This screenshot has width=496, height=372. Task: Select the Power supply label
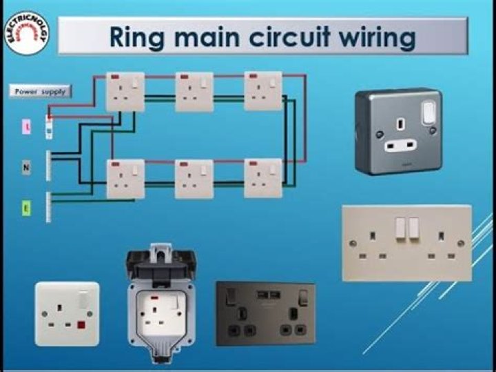(41, 90)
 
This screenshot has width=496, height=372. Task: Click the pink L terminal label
(26, 128)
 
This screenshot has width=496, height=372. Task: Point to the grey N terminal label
(26, 166)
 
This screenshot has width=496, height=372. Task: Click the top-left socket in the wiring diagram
(125, 92)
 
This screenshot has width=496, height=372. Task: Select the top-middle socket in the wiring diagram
(194, 92)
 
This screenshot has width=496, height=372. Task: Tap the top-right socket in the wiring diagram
(263, 91)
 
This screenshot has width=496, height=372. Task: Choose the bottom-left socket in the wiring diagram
(125, 179)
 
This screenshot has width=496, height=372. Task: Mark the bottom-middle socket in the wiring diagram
(194, 179)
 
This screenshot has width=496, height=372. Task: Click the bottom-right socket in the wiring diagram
(263, 178)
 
